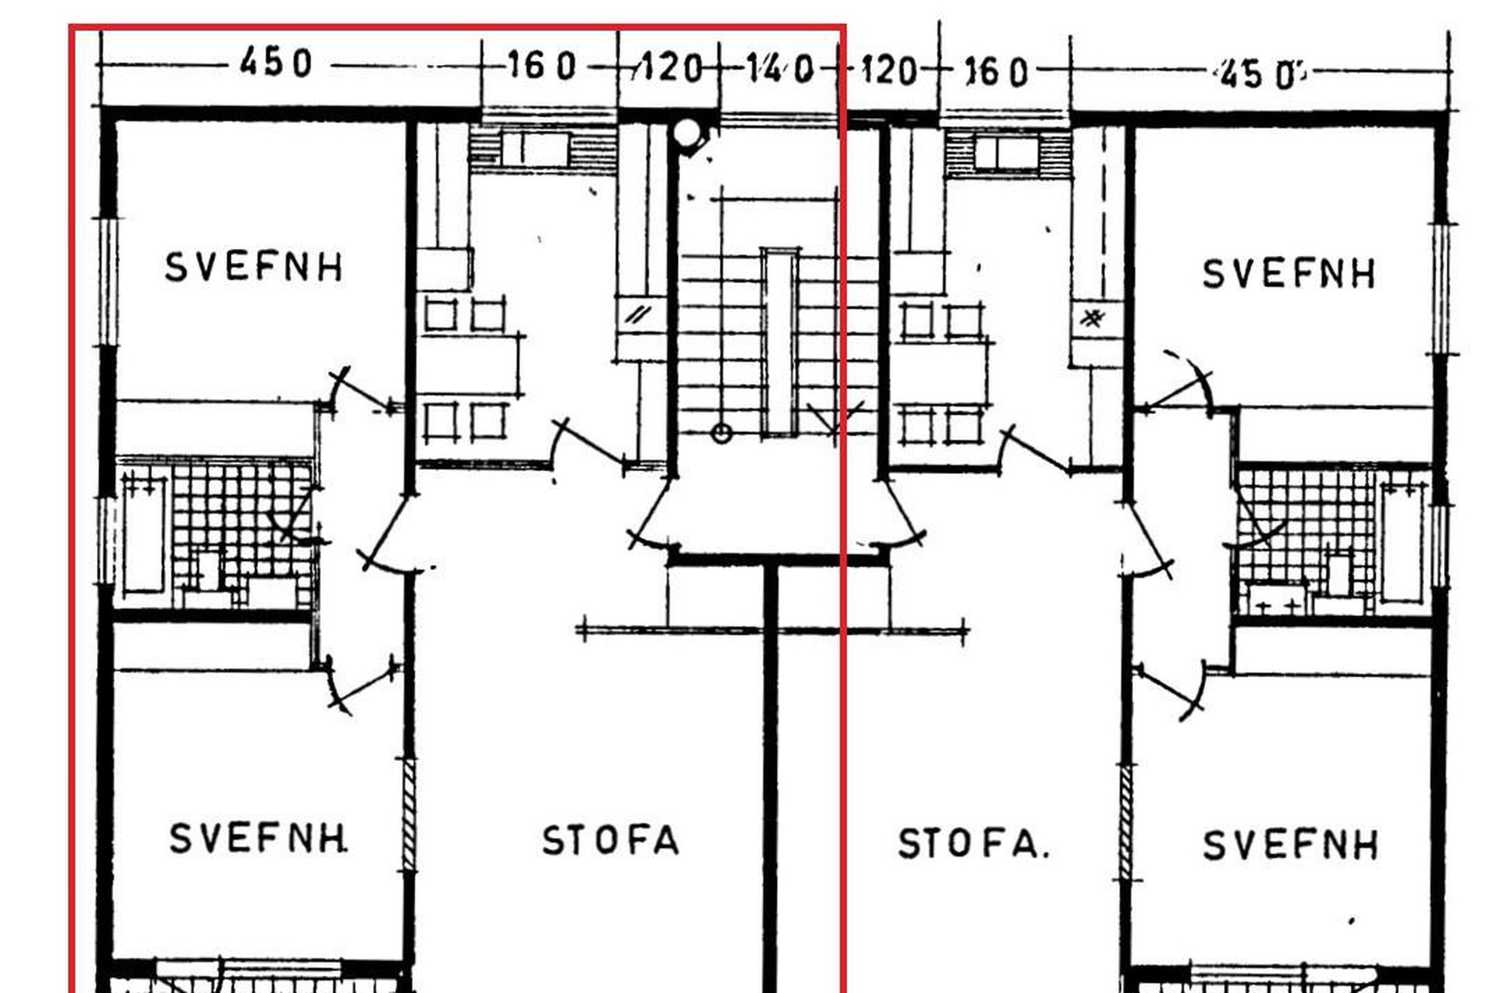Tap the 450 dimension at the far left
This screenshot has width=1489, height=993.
coord(275,61)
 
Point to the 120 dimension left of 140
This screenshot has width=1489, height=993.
coord(668,68)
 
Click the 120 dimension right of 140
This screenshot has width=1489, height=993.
coord(889,70)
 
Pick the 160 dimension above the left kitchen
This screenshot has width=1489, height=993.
coord(542,66)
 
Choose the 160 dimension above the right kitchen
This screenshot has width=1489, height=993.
coord(996,72)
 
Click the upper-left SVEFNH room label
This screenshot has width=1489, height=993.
coord(254,267)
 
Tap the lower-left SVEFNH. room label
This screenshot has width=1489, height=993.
coord(258,839)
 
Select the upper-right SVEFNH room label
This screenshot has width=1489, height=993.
coord(1289,274)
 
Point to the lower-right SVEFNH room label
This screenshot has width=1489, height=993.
coord(1290,845)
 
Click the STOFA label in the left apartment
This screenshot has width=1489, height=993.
coord(610,841)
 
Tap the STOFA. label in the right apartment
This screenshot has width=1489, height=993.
coord(973,844)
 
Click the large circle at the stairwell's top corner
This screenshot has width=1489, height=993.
coord(686,133)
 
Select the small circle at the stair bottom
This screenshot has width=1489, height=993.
coord(721,434)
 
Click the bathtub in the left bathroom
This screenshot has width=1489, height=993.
coord(144,535)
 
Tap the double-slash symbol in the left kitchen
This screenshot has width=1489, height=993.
coord(639,315)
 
